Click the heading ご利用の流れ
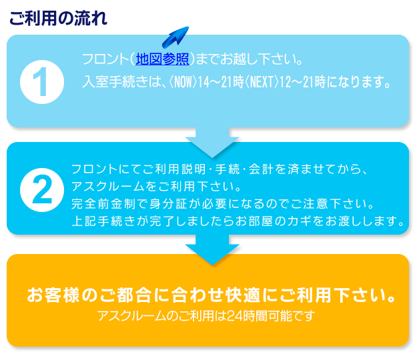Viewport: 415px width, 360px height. coord(57,18)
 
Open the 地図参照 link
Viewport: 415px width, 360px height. coord(162,59)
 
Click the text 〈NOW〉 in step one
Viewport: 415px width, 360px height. coord(181,83)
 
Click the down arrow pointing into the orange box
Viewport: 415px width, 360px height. coord(212,250)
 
